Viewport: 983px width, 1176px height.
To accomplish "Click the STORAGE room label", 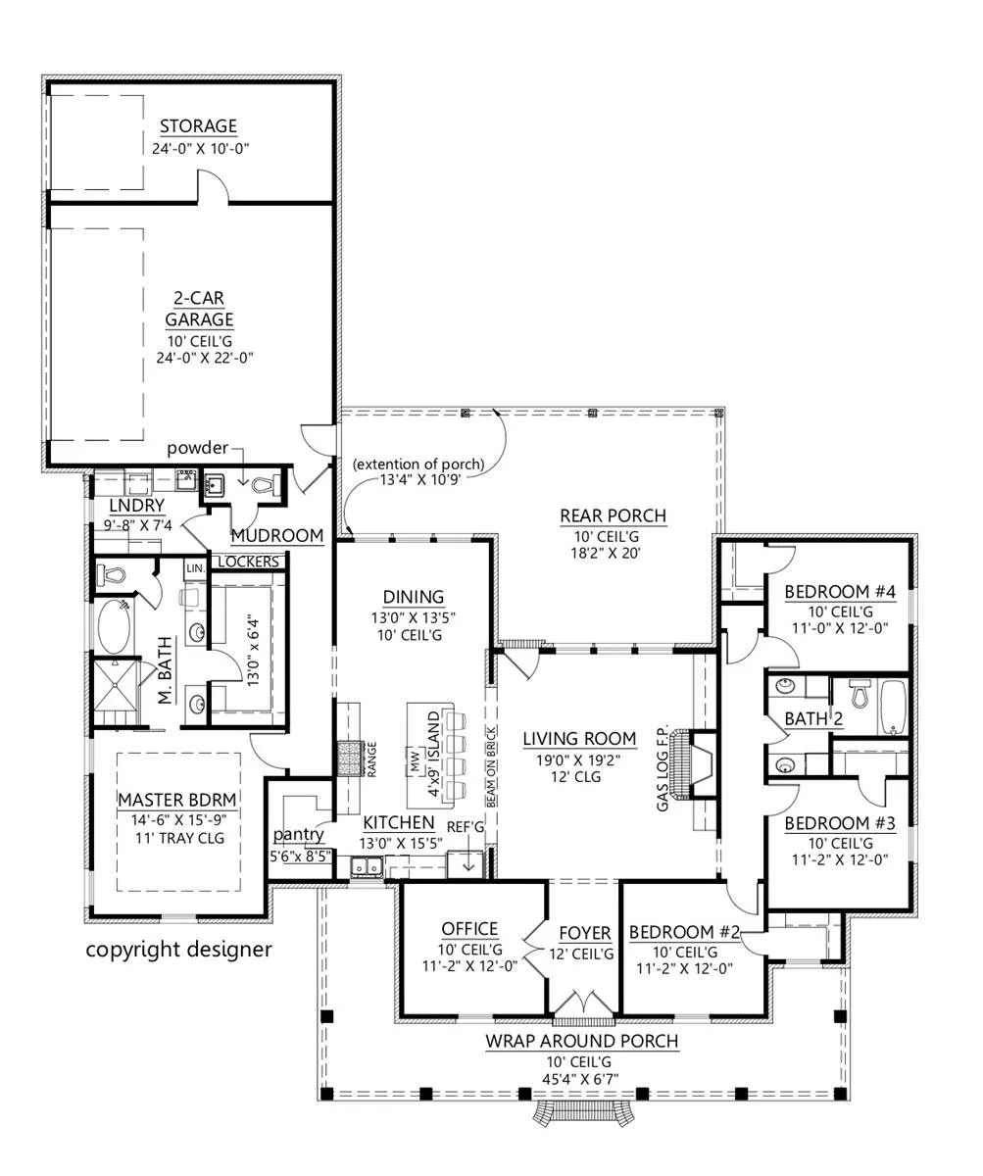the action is click(x=198, y=125).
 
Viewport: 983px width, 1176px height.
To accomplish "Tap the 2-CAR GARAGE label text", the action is click(x=199, y=308).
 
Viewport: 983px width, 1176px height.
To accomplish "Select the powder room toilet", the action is click(x=267, y=485).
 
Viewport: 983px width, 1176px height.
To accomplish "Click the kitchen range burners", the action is click(x=349, y=759).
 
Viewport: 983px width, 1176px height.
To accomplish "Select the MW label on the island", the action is click(x=416, y=760).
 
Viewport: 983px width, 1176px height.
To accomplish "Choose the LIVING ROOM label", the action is click(x=579, y=738).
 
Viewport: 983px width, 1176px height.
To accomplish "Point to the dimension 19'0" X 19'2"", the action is click(x=577, y=760).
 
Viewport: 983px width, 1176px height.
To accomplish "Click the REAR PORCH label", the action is click(x=613, y=515).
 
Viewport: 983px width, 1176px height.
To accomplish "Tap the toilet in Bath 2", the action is click(x=859, y=693).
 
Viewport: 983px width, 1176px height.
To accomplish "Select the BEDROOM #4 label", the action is click(x=839, y=591).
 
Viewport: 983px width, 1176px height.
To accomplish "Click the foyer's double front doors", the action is click(x=583, y=1004).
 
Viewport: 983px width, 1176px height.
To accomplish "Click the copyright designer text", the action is click(x=178, y=950).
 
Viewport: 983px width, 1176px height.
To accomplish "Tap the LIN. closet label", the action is click(x=195, y=568).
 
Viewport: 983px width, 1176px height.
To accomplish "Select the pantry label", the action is click(x=298, y=834).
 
